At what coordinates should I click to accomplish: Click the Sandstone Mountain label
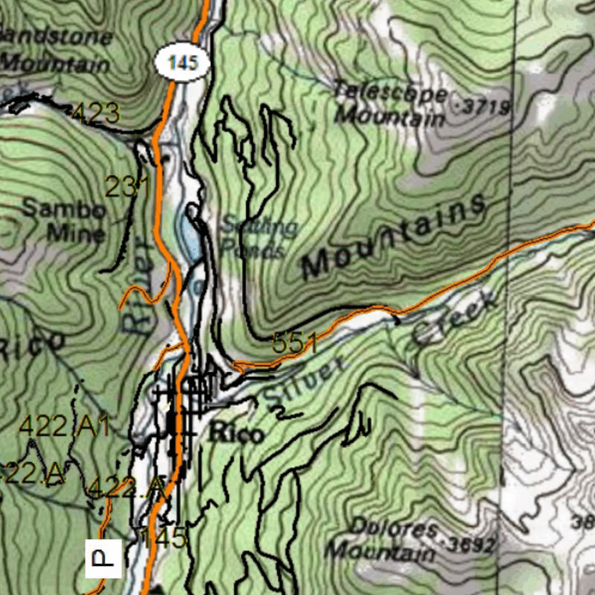[x=55, y=50]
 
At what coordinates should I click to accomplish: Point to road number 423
[x=95, y=113]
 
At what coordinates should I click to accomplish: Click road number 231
[x=127, y=187]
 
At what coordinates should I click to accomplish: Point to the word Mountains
[x=394, y=236]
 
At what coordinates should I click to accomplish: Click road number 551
[x=295, y=343]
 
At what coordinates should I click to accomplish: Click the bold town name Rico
[x=236, y=433]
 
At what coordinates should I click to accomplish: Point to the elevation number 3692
[x=472, y=545]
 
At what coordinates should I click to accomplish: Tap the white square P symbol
[x=103, y=558]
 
